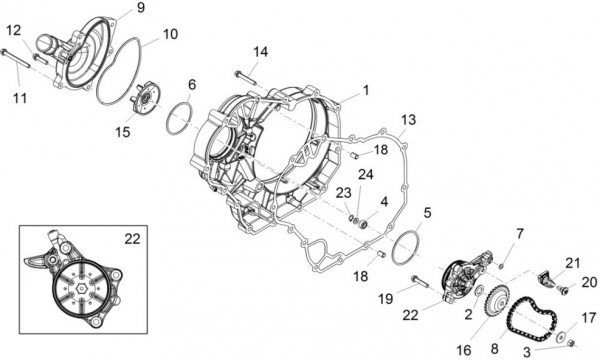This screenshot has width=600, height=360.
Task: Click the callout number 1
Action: (x=365, y=90)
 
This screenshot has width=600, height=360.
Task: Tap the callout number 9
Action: (x=139, y=8)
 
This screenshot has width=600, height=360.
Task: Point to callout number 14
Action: (x=260, y=51)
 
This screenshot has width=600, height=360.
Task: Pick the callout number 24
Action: (x=365, y=174)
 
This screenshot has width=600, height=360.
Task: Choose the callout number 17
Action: (x=588, y=318)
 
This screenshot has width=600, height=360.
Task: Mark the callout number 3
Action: (x=528, y=352)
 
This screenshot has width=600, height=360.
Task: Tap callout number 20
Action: (x=588, y=282)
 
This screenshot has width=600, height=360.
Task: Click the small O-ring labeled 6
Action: (x=181, y=116)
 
